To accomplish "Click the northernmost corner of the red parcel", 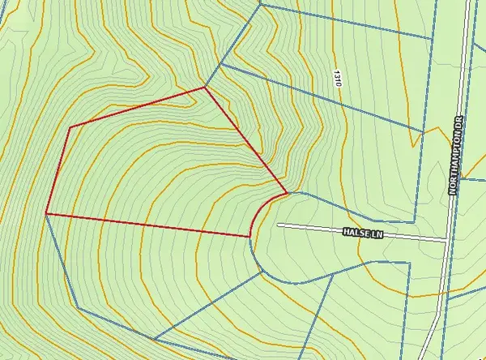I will click(204, 88).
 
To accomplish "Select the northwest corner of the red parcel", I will click(70, 127).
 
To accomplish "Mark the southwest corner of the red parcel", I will click(47, 214).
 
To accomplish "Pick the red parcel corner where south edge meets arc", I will click(249, 237).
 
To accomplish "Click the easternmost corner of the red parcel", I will click(287, 193).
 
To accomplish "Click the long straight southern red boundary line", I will click(146, 225).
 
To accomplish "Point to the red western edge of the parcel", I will click(58, 170).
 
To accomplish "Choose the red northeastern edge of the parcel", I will click(245, 139).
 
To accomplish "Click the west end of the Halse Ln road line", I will click(279, 225).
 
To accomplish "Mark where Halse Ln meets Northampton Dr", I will click(446, 240).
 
